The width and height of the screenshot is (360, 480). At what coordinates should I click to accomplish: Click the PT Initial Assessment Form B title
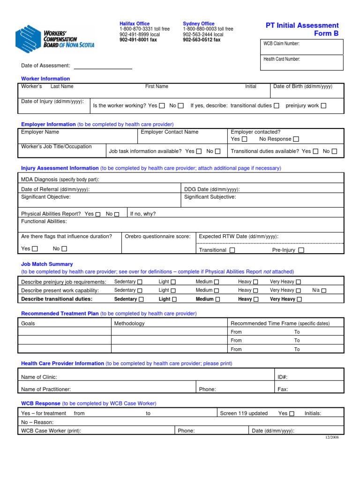click(302, 29)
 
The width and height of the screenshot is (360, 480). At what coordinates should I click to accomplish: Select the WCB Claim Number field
click(302, 47)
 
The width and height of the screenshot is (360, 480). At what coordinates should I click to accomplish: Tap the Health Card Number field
click(302, 62)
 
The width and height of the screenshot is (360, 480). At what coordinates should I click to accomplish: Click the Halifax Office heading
click(135, 24)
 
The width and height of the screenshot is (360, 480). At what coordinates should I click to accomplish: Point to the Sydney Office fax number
click(202, 40)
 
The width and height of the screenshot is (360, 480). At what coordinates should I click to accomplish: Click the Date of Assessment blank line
click(103, 66)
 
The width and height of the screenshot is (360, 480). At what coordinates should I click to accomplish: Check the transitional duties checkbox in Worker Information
click(277, 105)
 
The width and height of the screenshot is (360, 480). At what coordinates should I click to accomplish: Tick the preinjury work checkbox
click(323, 105)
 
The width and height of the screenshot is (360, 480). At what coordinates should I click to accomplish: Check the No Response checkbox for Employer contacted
click(296, 139)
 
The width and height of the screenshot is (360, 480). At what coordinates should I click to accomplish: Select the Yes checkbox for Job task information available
click(199, 151)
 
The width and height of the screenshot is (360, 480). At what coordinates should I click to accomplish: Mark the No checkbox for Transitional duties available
click(334, 151)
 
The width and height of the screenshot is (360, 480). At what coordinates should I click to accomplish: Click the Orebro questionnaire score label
click(157, 237)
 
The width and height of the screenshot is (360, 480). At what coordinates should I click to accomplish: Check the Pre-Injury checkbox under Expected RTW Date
click(301, 250)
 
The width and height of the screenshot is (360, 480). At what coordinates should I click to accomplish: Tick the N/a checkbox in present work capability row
click(324, 291)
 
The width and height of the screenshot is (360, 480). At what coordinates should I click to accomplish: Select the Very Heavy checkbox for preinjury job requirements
click(299, 282)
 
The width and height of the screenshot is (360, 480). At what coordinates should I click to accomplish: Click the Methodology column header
click(129, 323)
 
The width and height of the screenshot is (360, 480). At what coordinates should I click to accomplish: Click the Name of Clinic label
click(39, 377)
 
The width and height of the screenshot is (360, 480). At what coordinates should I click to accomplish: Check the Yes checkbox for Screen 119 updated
click(292, 414)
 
